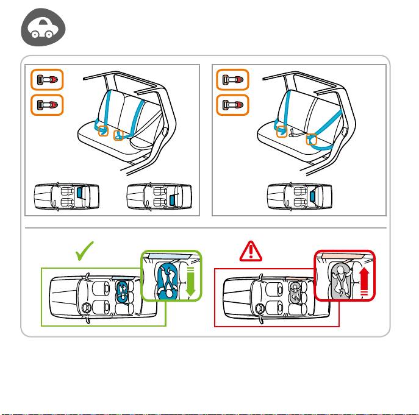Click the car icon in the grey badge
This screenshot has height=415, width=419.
pyautogui.click(x=42, y=29)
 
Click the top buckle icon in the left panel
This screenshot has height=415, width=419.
pyautogui.click(x=47, y=80)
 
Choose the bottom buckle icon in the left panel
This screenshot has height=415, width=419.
pyautogui.click(x=47, y=104)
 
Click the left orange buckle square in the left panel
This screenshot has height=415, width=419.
pyautogui.click(x=103, y=130)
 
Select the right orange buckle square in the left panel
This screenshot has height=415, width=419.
pyautogui.click(x=120, y=134)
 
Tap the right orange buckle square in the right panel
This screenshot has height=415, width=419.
pyautogui.click(x=312, y=140)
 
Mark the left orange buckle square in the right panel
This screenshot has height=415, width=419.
pyautogui.click(x=282, y=131)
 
